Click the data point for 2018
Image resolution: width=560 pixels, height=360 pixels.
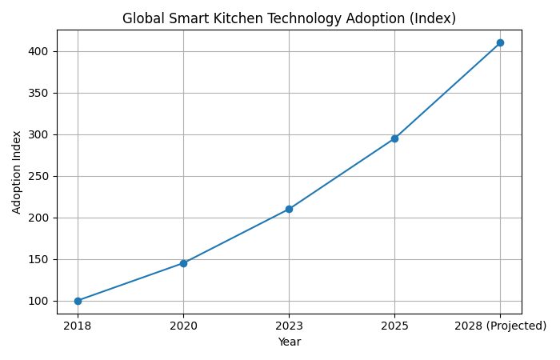tap(78, 301)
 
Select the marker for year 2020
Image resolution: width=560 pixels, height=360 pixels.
tap(183, 263)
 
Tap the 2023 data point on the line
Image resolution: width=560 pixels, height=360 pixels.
tap(289, 209)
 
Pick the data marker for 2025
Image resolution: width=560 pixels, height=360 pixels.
tap(394, 138)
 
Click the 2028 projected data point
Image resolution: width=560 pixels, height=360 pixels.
tap(500, 42)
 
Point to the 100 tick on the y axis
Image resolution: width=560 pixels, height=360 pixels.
tap(42, 301)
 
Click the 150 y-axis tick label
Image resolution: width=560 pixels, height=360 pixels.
tap(42, 259)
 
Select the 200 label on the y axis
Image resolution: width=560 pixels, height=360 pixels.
tap(42, 218)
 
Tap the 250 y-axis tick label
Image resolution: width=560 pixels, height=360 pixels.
tap(42, 176)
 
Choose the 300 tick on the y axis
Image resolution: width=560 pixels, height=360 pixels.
tap(42, 134)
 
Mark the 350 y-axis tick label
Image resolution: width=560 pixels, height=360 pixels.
tap(42, 93)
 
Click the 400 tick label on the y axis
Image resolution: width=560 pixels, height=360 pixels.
tap(42, 51)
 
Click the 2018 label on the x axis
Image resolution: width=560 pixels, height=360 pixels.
tap(78, 326)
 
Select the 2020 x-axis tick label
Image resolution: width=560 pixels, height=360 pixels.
tap(183, 326)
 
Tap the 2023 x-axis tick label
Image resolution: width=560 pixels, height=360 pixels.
tap(289, 326)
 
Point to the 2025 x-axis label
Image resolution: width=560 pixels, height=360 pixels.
tap(394, 326)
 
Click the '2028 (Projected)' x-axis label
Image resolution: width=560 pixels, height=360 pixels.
tap(500, 326)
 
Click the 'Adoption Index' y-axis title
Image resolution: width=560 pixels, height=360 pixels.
tap(17, 173)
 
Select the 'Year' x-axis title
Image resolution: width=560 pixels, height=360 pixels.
tap(289, 342)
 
